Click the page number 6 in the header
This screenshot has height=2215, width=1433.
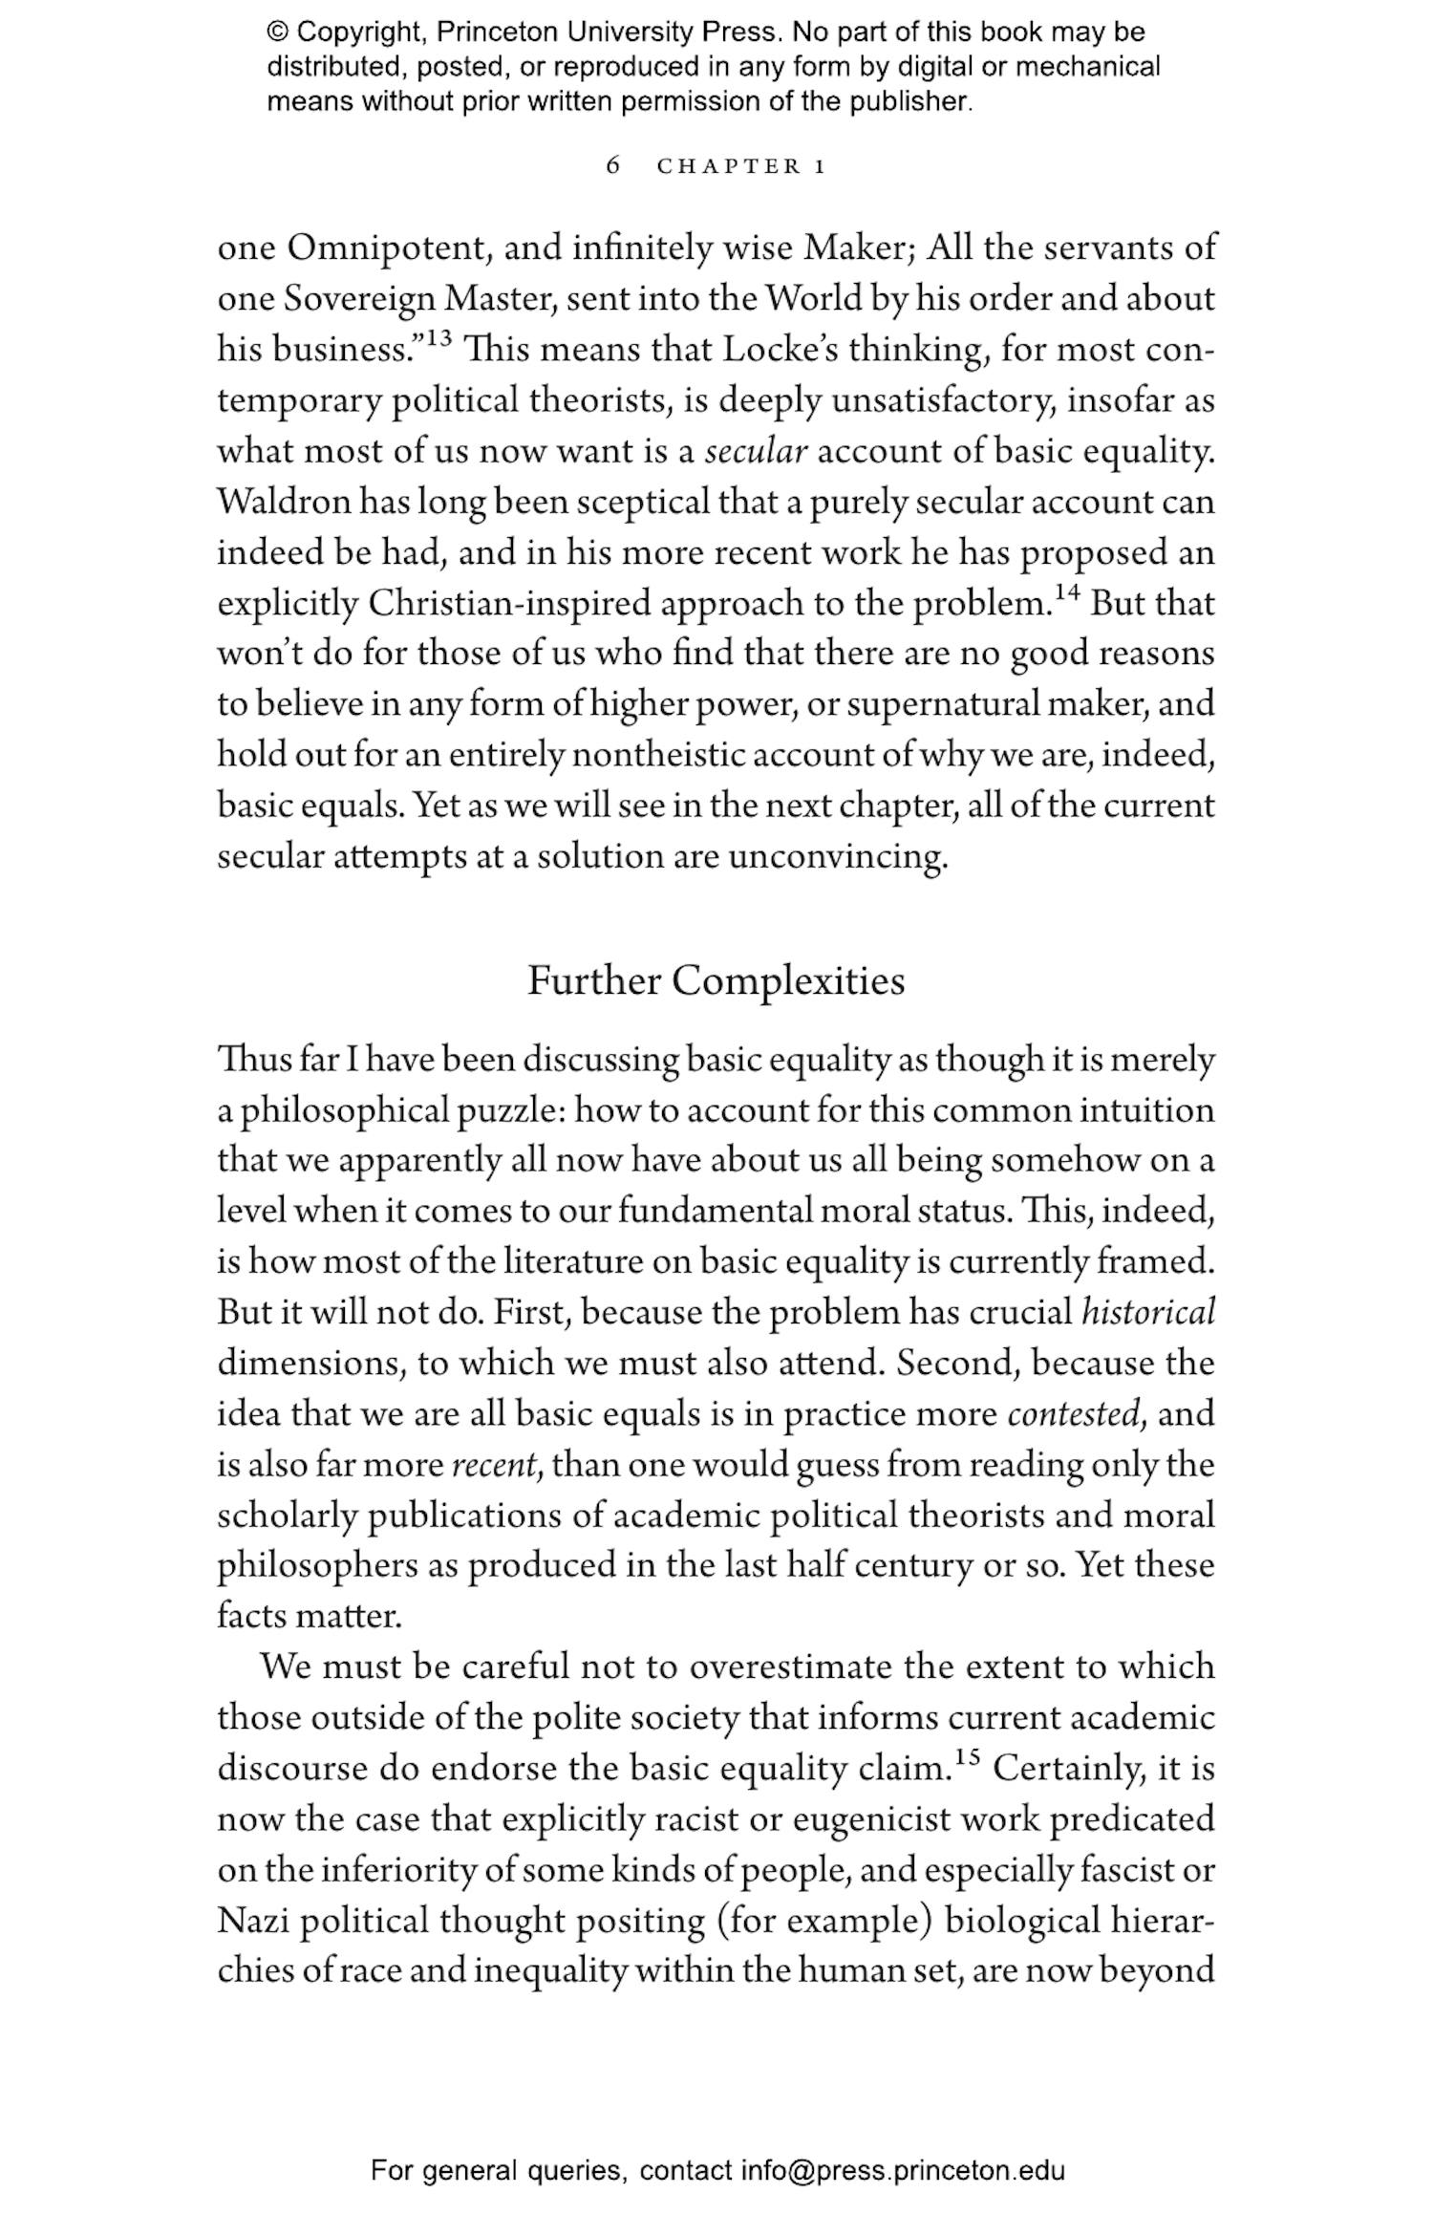(613, 165)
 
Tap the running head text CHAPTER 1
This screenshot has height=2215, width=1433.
(740, 166)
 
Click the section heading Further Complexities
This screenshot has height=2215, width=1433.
(716, 981)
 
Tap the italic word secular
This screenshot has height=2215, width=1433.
(756, 451)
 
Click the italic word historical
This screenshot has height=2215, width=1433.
(1147, 1312)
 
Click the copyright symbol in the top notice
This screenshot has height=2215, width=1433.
(277, 32)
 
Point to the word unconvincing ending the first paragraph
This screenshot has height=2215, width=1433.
(838, 856)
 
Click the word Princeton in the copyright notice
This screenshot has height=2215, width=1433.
(497, 32)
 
